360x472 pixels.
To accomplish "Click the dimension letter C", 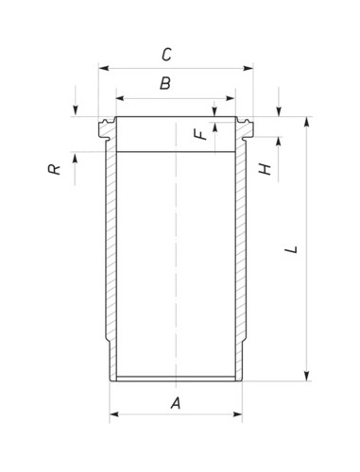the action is coord(166,55).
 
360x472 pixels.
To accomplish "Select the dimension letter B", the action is coord(165,83).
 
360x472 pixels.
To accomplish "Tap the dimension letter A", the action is coord(176,403).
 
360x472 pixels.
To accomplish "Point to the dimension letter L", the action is coord(291,249).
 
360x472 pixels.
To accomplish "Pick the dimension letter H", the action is coord(265,169).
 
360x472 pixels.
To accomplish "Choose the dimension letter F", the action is coord(200,135).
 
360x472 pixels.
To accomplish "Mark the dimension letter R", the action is coord(54,169).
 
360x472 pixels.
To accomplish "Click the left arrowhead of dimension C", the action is coord(104,68).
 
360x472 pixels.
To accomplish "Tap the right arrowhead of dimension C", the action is coord(248,68).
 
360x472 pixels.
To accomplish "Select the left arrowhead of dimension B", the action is coord(121,98).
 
